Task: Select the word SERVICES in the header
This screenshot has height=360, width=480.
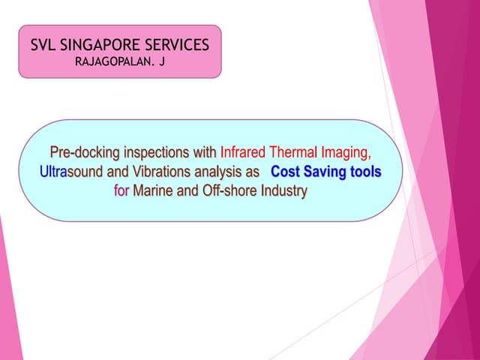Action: click(179, 45)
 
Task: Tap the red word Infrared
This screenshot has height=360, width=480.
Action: click(244, 152)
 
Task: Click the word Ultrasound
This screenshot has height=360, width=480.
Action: click(68, 172)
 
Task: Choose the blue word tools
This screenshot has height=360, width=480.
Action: click(365, 172)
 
